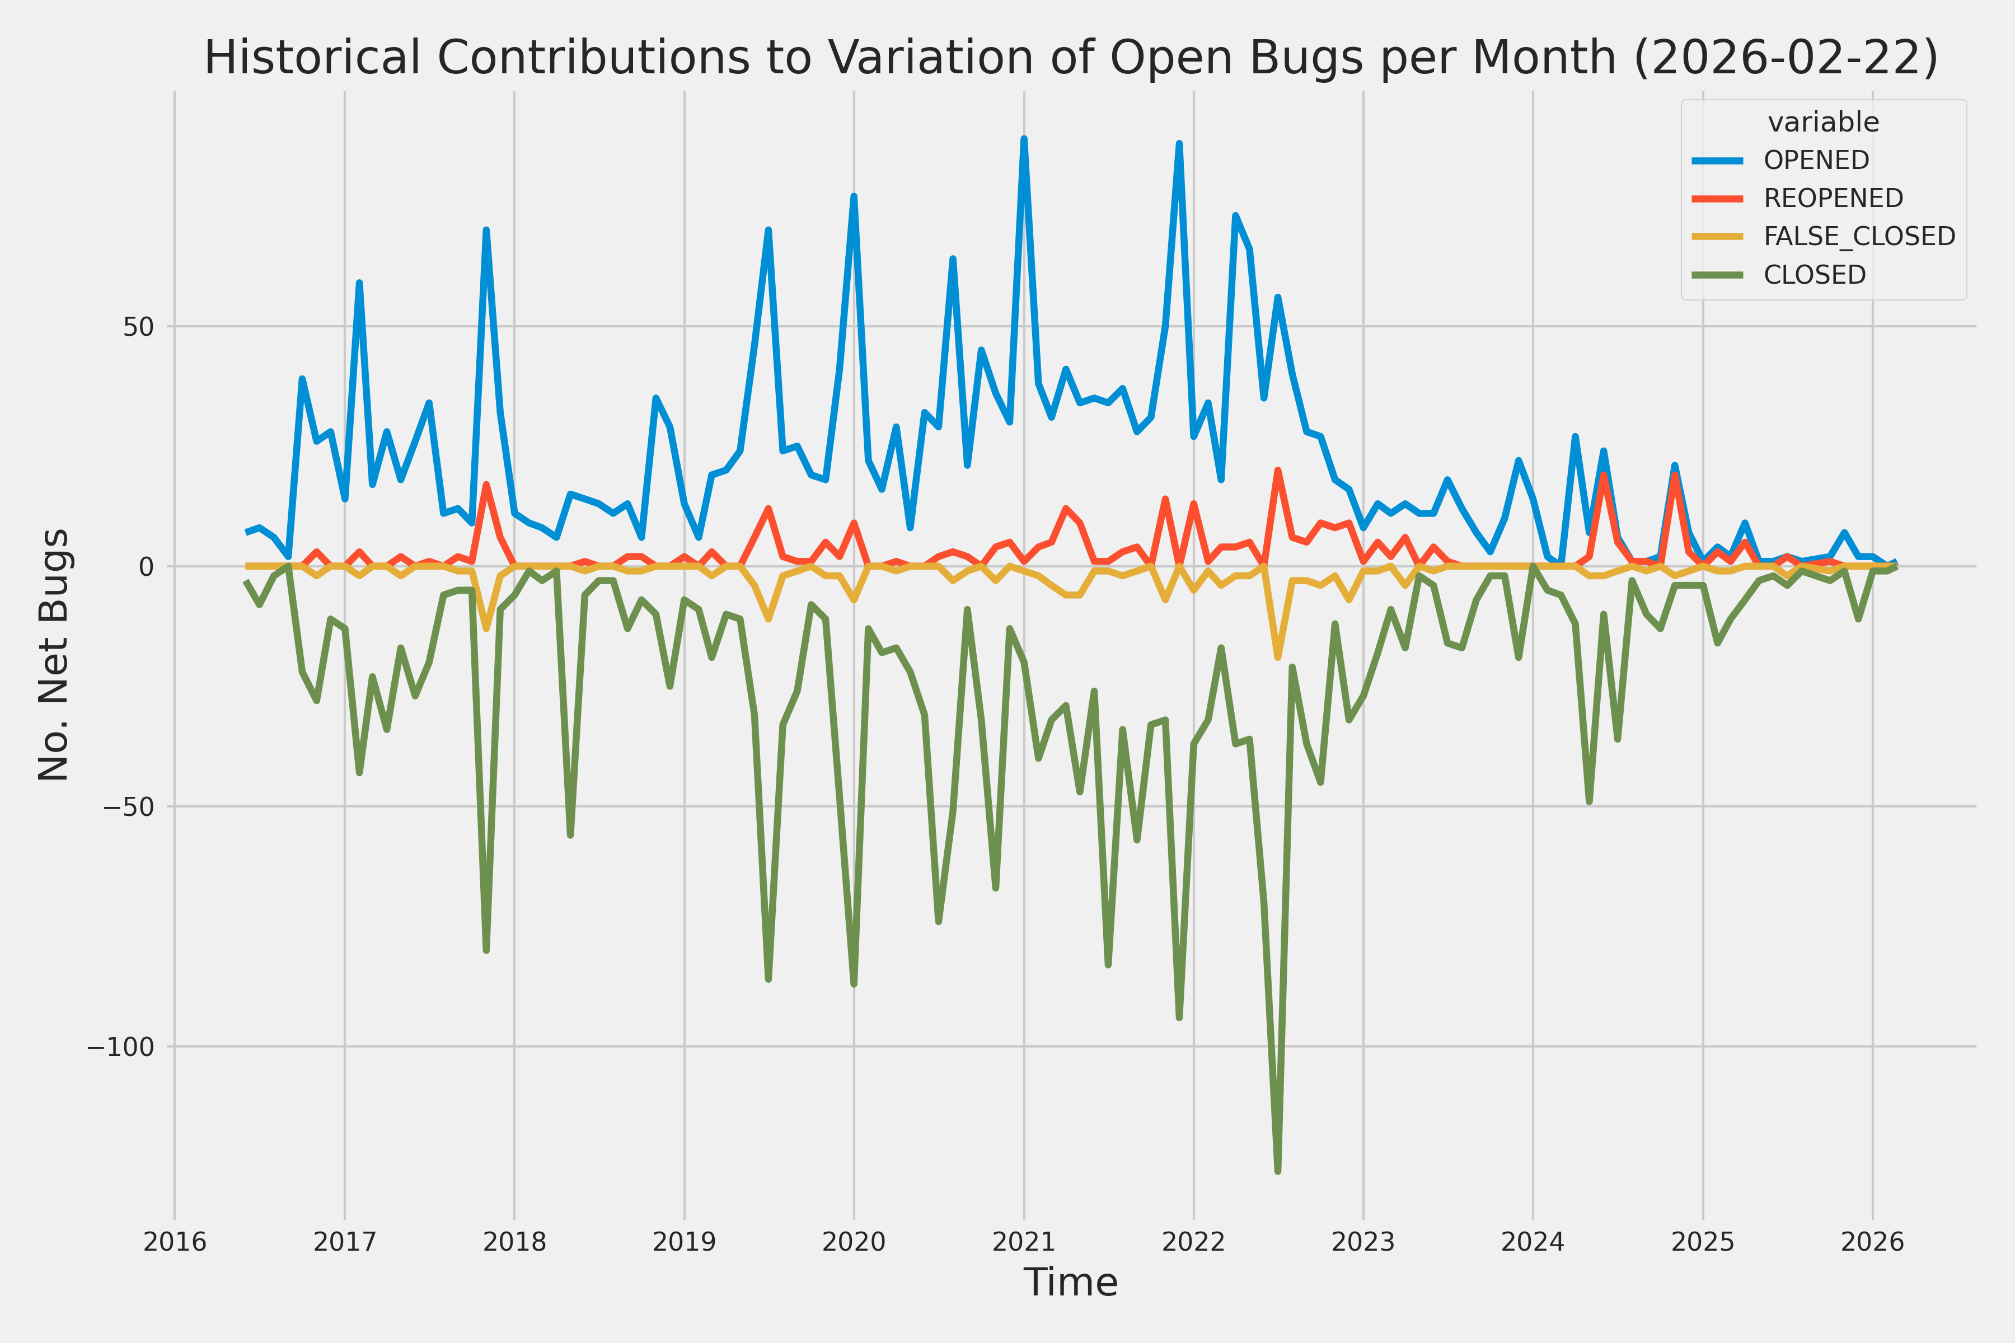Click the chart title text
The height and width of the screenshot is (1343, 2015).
[x=1071, y=58]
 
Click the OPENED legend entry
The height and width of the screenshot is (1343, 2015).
[x=1816, y=160]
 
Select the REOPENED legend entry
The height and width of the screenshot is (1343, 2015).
[x=1833, y=198]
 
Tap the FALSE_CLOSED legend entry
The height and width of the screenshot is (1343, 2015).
[x=1859, y=236]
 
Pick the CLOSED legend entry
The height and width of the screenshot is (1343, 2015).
[x=1813, y=275]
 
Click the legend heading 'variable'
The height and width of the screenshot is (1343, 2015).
[x=1823, y=123]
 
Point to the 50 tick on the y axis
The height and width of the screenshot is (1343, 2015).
[x=137, y=326]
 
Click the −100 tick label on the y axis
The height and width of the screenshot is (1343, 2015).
[x=119, y=1046]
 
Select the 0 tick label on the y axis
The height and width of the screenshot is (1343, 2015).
[x=146, y=567]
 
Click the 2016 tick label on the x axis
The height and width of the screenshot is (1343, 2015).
[x=175, y=1242]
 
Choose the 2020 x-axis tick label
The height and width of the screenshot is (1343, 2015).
[x=853, y=1242]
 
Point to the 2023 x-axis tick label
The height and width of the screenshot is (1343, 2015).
[x=1363, y=1242]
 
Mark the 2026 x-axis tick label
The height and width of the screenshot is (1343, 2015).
[x=1872, y=1242]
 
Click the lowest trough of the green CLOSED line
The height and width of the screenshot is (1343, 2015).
[x=1277, y=1171]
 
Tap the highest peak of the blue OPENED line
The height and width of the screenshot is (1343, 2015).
[x=1024, y=139]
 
